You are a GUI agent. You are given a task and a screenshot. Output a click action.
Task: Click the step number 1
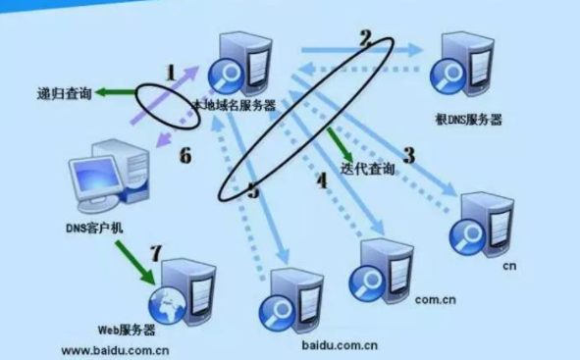click(171, 73)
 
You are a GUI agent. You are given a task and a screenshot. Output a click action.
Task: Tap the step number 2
click(366, 38)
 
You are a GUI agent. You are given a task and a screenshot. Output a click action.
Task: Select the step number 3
click(408, 154)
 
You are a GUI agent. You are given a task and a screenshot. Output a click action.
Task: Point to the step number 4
click(321, 180)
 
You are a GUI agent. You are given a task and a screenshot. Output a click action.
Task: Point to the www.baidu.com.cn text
click(115, 349)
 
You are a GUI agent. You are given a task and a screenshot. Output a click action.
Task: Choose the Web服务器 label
click(128, 331)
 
